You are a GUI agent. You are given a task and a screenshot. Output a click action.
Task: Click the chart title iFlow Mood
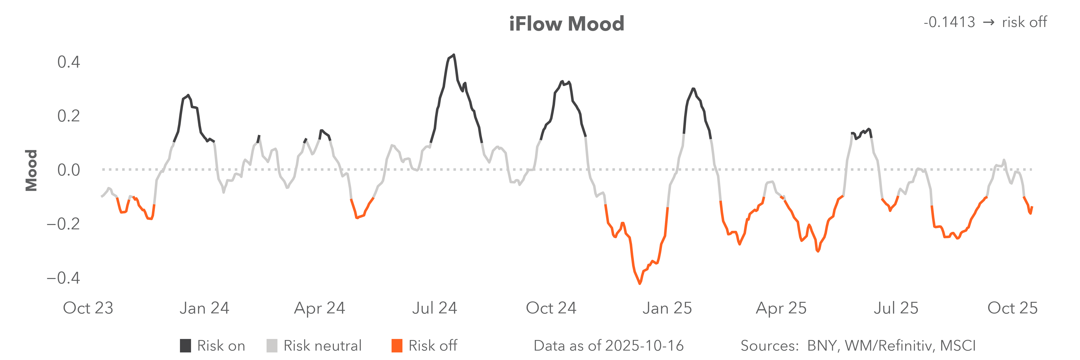[566, 24]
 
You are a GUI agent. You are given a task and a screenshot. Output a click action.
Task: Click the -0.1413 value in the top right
[949, 22]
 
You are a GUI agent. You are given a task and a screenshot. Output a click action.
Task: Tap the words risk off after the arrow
[1024, 22]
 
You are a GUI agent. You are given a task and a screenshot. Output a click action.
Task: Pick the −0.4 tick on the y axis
[63, 278]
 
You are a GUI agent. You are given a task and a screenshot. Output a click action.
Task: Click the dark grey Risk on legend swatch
[185, 346]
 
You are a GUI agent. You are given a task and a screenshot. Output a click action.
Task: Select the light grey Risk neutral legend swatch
[272, 346]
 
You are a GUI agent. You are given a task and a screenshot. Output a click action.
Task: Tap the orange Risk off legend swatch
[397, 346]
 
